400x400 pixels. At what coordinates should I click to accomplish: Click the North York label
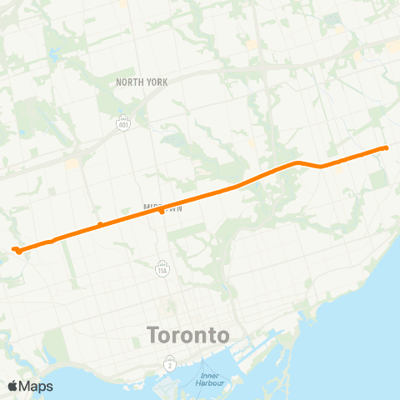click(142, 82)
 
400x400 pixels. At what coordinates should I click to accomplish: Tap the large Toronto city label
click(187, 336)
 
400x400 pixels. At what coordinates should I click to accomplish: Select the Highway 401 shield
click(123, 123)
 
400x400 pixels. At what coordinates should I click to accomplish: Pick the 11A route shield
click(162, 268)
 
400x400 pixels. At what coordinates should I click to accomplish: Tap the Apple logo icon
click(12, 386)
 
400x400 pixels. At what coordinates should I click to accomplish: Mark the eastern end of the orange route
click(386, 148)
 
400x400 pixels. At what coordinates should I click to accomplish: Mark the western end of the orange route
click(15, 248)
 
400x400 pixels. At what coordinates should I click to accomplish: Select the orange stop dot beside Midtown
click(161, 212)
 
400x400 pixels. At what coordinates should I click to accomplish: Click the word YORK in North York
click(156, 82)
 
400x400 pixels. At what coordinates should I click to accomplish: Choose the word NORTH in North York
click(130, 82)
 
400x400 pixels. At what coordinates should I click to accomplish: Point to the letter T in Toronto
click(152, 336)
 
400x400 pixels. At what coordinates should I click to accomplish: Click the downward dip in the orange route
click(321, 166)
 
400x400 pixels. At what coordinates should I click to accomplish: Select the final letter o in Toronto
click(222, 337)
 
